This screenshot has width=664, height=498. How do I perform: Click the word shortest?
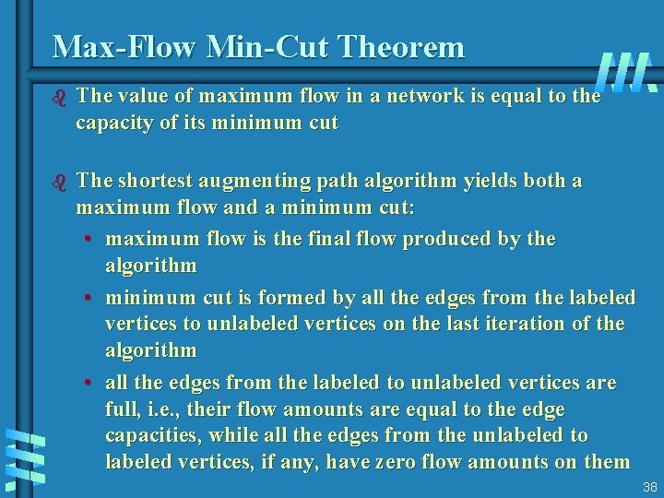(x=157, y=181)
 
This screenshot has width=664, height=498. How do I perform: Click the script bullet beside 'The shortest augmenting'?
(x=60, y=181)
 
